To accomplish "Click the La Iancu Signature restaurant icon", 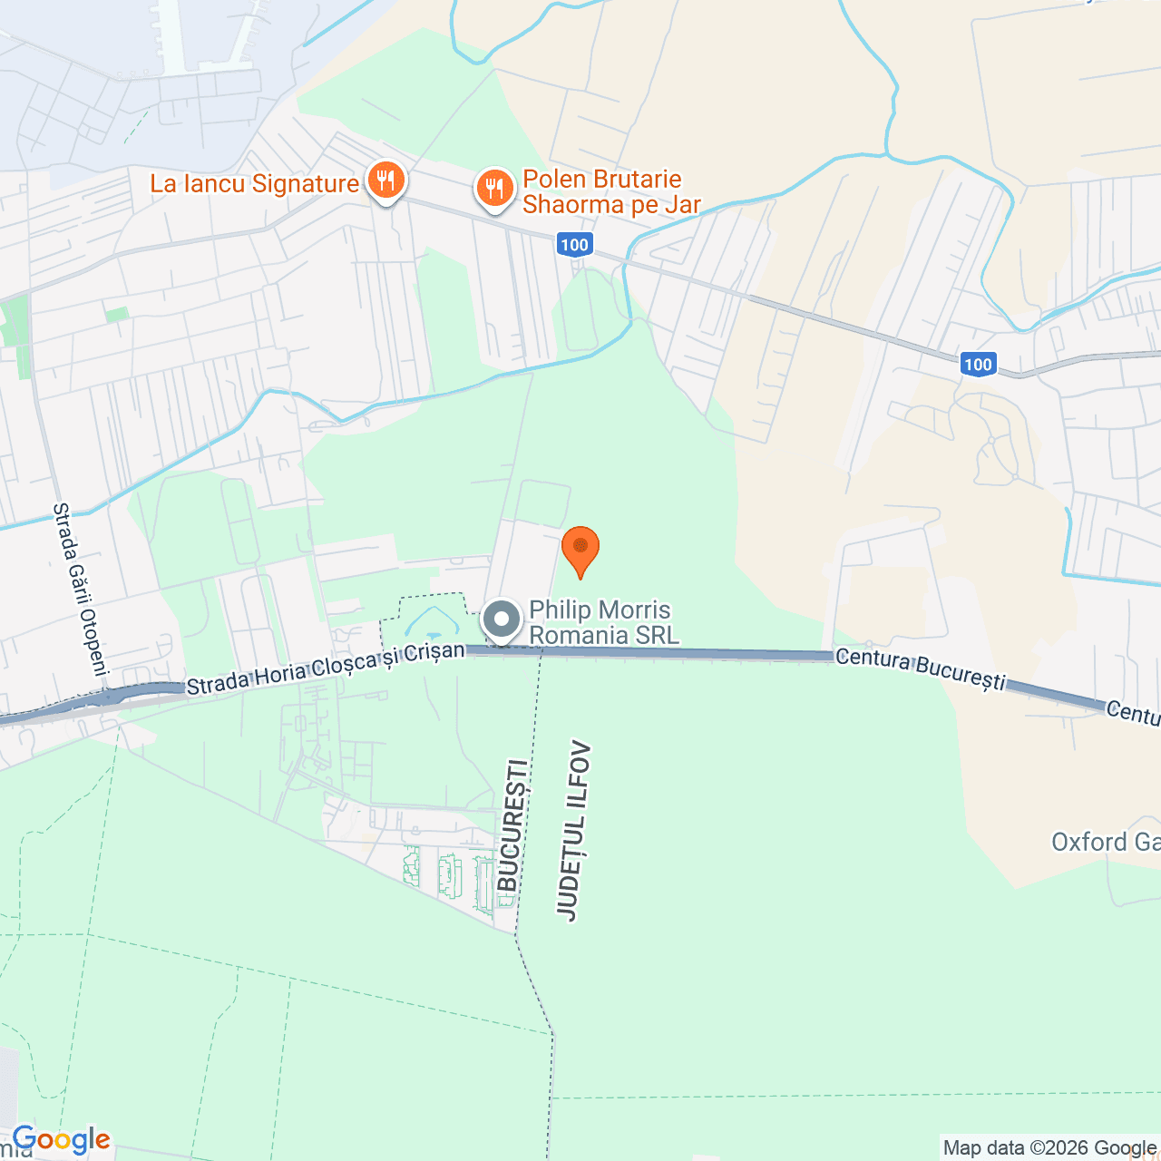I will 385,180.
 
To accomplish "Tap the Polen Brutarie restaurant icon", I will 494,189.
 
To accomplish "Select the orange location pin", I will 580,548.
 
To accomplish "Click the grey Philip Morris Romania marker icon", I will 502,620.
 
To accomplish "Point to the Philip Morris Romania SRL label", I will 603,622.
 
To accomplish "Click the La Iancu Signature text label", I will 254,184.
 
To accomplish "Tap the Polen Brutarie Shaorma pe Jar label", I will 611,191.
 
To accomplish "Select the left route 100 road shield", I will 574,244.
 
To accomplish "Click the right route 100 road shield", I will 978,365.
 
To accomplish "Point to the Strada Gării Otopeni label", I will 80,590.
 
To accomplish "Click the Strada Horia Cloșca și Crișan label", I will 326,668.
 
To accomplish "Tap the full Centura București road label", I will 920,668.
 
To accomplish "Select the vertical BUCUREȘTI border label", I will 512,825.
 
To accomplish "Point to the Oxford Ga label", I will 1105,843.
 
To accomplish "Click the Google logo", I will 61,1140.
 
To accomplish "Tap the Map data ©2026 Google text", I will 1049,1148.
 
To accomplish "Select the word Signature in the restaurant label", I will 305,184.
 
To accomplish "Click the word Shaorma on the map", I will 567,205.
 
